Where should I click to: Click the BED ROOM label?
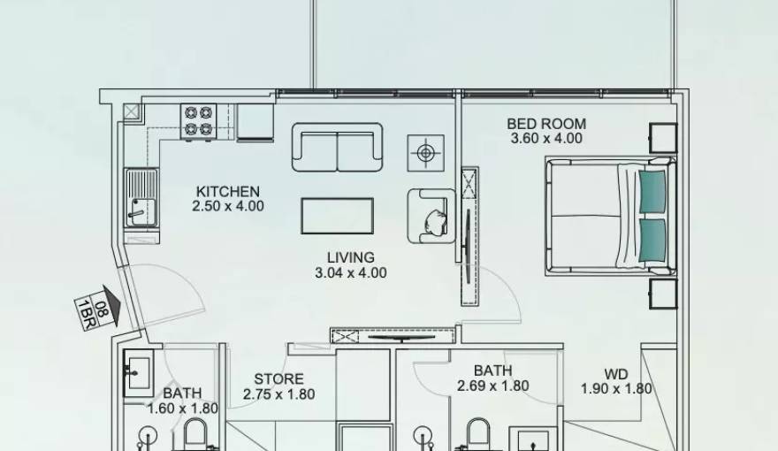click(x=545, y=124)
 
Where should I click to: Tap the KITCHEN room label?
click(x=227, y=191)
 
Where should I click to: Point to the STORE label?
click(x=278, y=379)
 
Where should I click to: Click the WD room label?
click(x=616, y=374)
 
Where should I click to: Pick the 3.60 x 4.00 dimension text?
click(x=545, y=139)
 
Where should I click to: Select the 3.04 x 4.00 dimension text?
click(x=350, y=273)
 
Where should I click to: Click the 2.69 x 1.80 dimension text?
click(x=492, y=386)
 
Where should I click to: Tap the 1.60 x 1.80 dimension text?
click(x=182, y=408)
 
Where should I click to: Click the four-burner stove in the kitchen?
click(x=199, y=120)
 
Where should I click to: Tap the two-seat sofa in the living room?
click(x=337, y=147)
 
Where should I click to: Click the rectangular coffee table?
click(x=337, y=216)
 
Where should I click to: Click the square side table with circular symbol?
click(x=425, y=153)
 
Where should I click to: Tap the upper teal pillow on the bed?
click(x=652, y=191)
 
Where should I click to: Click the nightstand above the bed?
click(x=662, y=137)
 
